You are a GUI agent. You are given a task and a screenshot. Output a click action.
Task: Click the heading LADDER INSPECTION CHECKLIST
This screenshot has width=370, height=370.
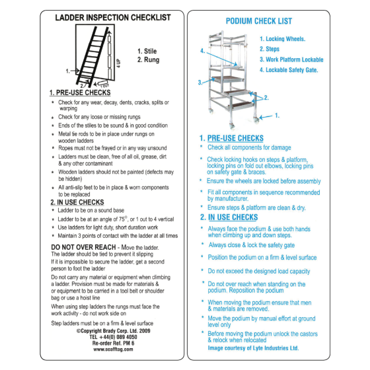pyautogui.click(x=113, y=18)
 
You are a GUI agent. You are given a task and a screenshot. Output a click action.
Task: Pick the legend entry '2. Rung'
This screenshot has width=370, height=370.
pyautogui.click(x=150, y=60)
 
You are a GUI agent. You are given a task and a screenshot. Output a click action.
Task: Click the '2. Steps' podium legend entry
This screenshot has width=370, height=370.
pyautogui.click(x=270, y=49)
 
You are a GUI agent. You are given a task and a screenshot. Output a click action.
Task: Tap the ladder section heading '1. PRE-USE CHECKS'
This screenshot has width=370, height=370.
pyautogui.click(x=81, y=94)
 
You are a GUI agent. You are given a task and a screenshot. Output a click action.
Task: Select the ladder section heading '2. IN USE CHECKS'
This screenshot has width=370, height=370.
pyautogui.click(x=77, y=202)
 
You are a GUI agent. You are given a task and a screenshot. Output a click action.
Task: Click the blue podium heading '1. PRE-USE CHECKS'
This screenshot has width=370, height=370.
pyautogui.click(x=231, y=138)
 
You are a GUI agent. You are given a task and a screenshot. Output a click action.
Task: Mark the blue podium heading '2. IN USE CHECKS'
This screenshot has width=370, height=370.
pyautogui.click(x=229, y=217)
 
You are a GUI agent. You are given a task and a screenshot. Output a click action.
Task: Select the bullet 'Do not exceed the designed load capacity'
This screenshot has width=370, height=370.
pyautogui.click(x=259, y=271)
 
